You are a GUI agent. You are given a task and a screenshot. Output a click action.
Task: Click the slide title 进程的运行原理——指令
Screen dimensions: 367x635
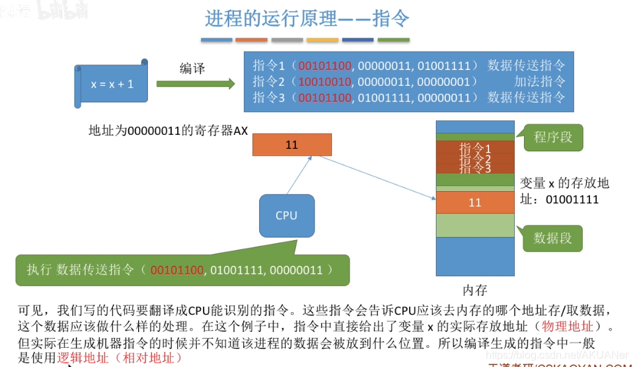pos(307,18)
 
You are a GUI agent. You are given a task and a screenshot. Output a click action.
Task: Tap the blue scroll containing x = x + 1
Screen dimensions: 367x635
pos(112,84)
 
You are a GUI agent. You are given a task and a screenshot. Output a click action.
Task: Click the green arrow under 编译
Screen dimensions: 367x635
pos(196,84)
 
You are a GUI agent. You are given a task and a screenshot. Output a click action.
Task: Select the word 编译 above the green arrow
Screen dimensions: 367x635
pos(192,68)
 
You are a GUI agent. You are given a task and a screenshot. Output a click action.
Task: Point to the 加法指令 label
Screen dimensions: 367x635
pos(540,81)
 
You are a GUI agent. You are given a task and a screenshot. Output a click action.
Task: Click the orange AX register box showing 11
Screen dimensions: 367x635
pos(292,145)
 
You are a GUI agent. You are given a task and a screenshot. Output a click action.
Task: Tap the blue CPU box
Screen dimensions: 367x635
pos(286,216)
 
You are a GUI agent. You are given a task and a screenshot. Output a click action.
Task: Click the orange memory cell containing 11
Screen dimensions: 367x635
pos(474,202)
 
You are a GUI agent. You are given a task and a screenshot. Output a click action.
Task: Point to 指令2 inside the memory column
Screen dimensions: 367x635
pos(474,159)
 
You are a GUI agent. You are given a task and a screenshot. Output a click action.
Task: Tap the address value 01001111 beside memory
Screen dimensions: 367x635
pos(572,198)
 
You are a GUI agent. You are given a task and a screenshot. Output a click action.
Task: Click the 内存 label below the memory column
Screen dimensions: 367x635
pos(474,289)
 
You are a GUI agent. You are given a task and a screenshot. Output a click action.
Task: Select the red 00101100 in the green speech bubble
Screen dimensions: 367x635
pos(177,270)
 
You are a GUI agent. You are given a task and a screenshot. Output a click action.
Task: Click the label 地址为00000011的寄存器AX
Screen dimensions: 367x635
pos(168,130)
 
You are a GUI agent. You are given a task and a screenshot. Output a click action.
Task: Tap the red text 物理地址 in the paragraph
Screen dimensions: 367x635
pos(568,326)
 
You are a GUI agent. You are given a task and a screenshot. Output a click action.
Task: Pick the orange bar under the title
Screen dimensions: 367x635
pos(252,40)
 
